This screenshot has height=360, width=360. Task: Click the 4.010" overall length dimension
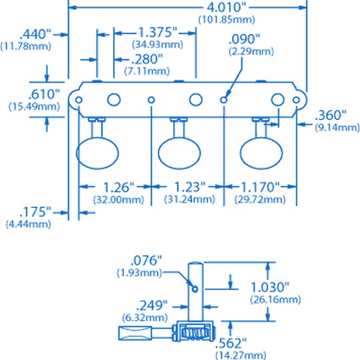[x=226, y=7]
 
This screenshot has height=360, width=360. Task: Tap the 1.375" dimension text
[x=158, y=32]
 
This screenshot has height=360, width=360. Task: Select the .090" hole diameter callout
[x=245, y=39]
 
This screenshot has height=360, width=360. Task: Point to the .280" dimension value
[x=147, y=59]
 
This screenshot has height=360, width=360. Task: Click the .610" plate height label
[x=43, y=94]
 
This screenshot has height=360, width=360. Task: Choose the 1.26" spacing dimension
[x=119, y=187]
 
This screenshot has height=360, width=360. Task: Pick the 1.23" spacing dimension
[x=190, y=187]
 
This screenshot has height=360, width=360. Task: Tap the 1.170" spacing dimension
[x=261, y=187]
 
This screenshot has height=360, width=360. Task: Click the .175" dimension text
[x=35, y=212]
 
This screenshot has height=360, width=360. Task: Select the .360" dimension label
[x=331, y=115]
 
